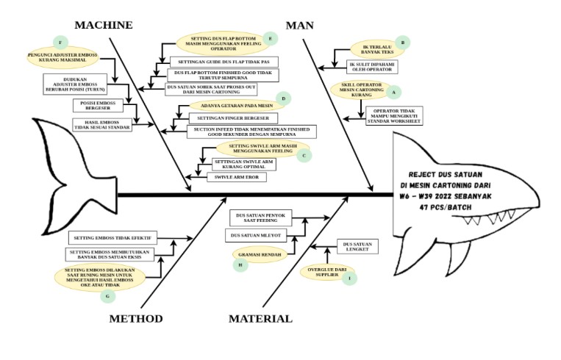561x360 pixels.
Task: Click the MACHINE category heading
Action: [x=104, y=25]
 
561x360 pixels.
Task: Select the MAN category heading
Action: [x=299, y=25]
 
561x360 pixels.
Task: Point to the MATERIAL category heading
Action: [x=260, y=319]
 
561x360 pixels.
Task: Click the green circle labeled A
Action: [x=393, y=93]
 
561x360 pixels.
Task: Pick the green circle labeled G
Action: [x=108, y=296]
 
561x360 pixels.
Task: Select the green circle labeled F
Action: [x=60, y=41]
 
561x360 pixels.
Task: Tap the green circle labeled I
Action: [x=350, y=279]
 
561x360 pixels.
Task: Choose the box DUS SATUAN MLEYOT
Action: [x=257, y=235]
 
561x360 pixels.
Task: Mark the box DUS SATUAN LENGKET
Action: [x=357, y=246]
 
